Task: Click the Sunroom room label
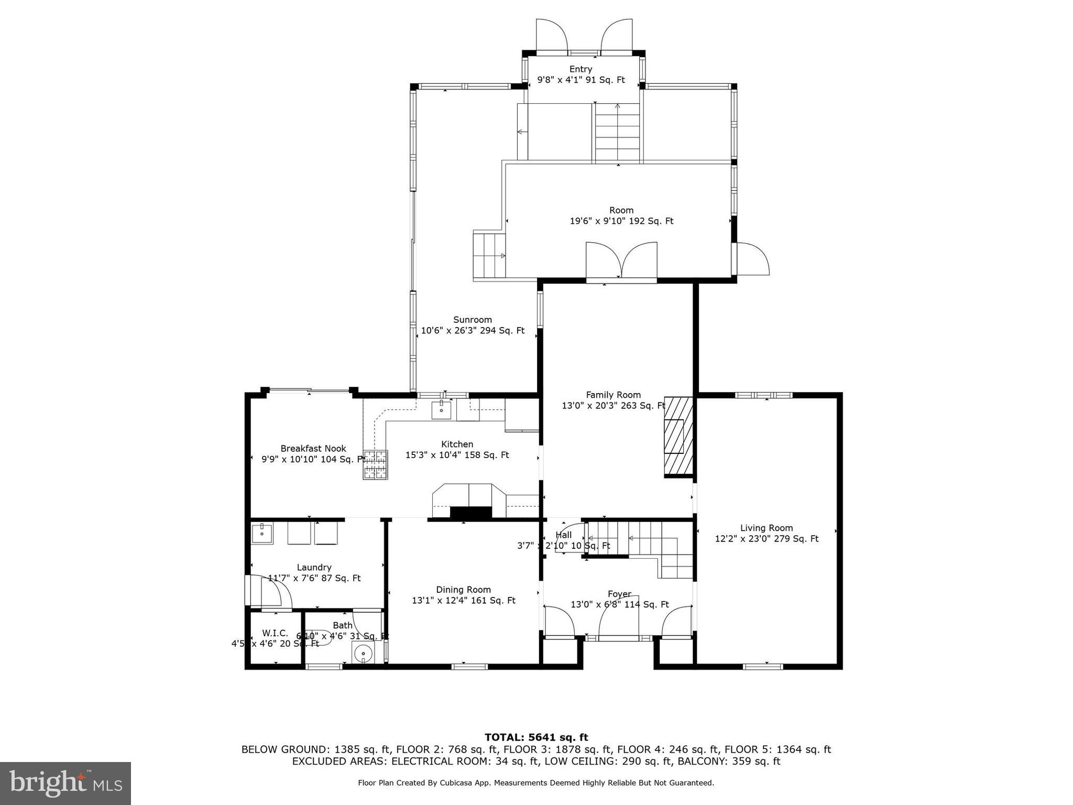472,320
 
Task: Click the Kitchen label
457,444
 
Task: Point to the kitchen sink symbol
441,409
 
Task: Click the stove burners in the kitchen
376,465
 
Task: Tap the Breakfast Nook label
313,449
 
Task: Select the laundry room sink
261,534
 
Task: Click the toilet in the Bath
363,654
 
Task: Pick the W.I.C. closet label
275,633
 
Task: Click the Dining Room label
463,590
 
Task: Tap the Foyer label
619,594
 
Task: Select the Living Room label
766,528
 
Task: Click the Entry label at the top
581,69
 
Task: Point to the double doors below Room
621,260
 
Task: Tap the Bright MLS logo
65,783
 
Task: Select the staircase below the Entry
617,132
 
